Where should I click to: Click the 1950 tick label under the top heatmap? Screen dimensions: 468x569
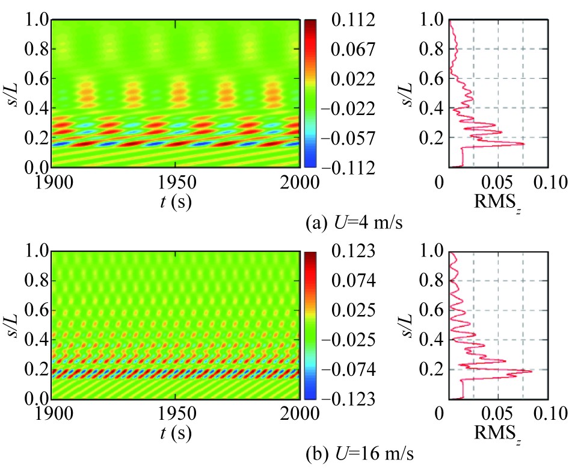[175, 183]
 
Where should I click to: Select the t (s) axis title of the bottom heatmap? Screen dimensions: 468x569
[174, 434]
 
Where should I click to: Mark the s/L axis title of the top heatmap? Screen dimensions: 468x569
[14, 93]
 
